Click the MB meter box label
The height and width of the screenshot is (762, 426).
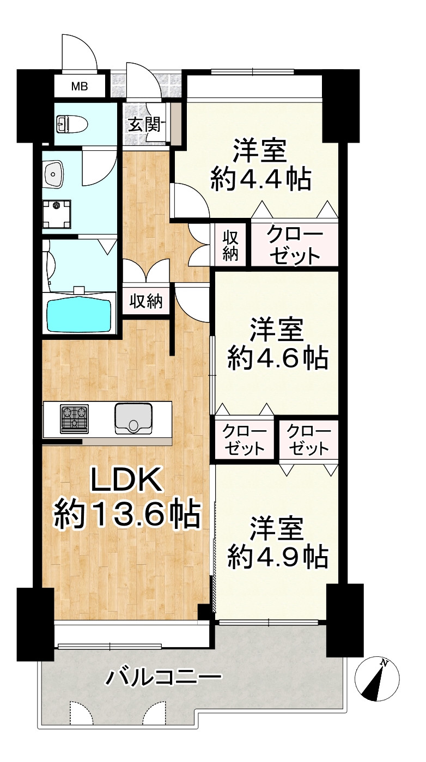point(80,86)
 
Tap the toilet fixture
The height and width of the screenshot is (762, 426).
point(71,124)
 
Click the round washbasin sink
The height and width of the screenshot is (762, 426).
point(54,174)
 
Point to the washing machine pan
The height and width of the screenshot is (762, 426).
point(58,214)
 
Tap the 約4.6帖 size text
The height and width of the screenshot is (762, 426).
point(277,358)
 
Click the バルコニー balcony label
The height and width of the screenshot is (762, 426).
point(164,678)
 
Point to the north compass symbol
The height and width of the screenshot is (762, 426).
point(377,679)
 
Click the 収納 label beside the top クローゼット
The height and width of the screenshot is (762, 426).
point(230,246)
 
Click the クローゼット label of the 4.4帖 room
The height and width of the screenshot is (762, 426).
point(294,246)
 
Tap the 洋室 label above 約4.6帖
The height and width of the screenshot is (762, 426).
point(277,329)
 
